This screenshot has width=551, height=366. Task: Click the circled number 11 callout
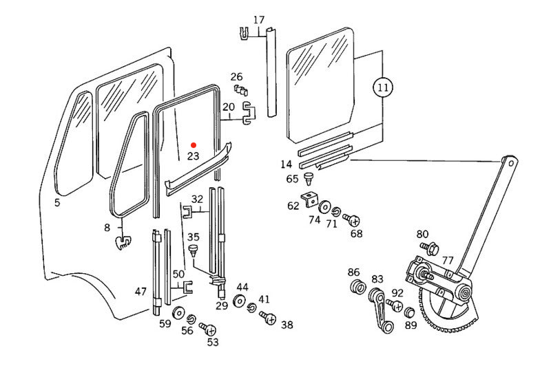[383, 88]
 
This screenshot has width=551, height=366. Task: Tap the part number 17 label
[258, 20]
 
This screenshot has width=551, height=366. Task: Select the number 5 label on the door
[57, 203]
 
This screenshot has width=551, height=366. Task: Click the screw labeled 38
[268, 319]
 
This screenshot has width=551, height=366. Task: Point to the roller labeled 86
[356, 286]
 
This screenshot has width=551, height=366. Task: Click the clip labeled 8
[123, 241]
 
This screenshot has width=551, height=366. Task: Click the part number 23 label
[193, 156]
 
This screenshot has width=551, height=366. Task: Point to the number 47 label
[141, 292]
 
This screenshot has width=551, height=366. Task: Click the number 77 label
[448, 260]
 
